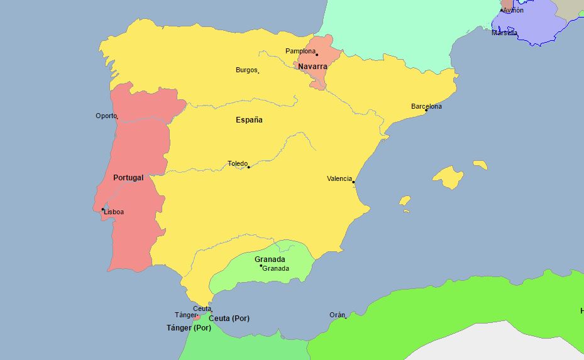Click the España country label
(x=249, y=120)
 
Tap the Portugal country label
(x=128, y=178)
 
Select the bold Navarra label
(x=312, y=67)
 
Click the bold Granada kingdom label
(x=270, y=259)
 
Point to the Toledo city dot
(x=249, y=167)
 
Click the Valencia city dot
(x=353, y=182)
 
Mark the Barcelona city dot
(x=426, y=111)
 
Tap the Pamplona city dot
(x=317, y=55)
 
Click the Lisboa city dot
(x=103, y=209)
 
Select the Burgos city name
(x=246, y=70)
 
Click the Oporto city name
(x=106, y=116)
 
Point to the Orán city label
(x=337, y=315)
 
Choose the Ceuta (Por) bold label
(x=229, y=319)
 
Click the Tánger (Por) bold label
(x=189, y=328)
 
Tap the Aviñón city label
(x=513, y=10)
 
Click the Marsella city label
(x=505, y=33)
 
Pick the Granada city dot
(x=261, y=266)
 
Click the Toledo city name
(x=237, y=163)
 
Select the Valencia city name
(x=339, y=178)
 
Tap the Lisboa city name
(x=114, y=212)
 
